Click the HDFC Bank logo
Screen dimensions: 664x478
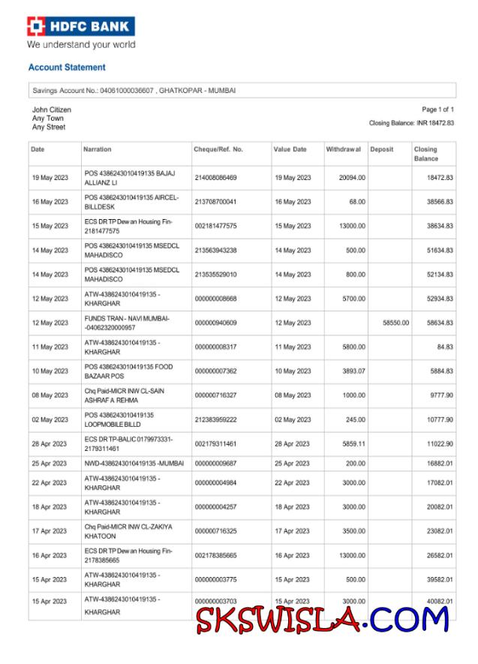[x=80, y=27]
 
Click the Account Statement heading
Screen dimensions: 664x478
[x=67, y=68]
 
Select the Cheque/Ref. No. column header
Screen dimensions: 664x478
[x=218, y=149]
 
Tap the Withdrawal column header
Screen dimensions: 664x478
[x=344, y=149]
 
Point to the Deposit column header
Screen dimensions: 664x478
[x=382, y=149]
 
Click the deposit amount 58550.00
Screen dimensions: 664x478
[x=395, y=323]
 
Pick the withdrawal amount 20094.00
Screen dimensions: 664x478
[x=352, y=178]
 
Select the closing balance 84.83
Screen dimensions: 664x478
[x=443, y=347]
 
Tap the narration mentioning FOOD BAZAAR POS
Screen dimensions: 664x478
[x=129, y=371]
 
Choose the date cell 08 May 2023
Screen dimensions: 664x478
[x=50, y=395]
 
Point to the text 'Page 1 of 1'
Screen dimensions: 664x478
[x=437, y=110]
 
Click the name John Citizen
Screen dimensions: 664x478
[x=52, y=110]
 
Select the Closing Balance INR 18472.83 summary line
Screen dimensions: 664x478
[x=411, y=123]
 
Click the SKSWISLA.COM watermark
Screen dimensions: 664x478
[x=323, y=620]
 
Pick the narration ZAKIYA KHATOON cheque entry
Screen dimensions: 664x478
[x=128, y=531]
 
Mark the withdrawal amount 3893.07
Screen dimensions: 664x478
[x=353, y=371]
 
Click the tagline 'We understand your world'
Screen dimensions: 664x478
[x=81, y=45]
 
